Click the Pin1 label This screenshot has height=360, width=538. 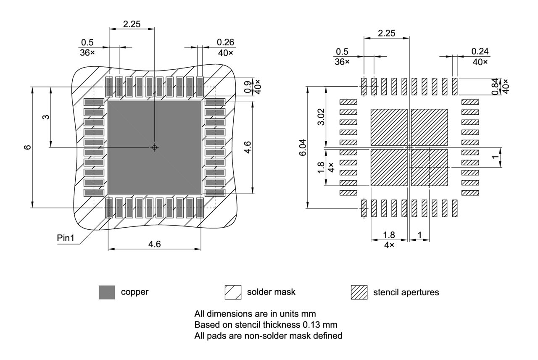click(x=66, y=238)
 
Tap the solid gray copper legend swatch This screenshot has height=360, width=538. click(x=107, y=292)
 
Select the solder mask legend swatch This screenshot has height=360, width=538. click(x=233, y=292)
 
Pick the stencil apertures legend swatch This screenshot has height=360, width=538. click(x=359, y=292)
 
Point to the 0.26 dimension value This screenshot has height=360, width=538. click(x=226, y=42)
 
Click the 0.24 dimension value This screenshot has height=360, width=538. click(x=480, y=51)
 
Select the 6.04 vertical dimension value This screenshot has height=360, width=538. click(x=303, y=147)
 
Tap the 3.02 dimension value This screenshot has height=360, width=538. click(x=320, y=117)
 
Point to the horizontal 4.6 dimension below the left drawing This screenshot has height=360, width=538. click(x=154, y=244)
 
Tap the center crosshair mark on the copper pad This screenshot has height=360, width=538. click(x=154, y=147)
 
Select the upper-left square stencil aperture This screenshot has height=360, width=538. click(x=389, y=127)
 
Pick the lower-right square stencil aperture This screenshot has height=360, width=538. click(x=429, y=168)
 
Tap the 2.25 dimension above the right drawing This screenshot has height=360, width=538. click(x=386, y=33)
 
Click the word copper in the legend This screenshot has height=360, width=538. click(x=134, y=292)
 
